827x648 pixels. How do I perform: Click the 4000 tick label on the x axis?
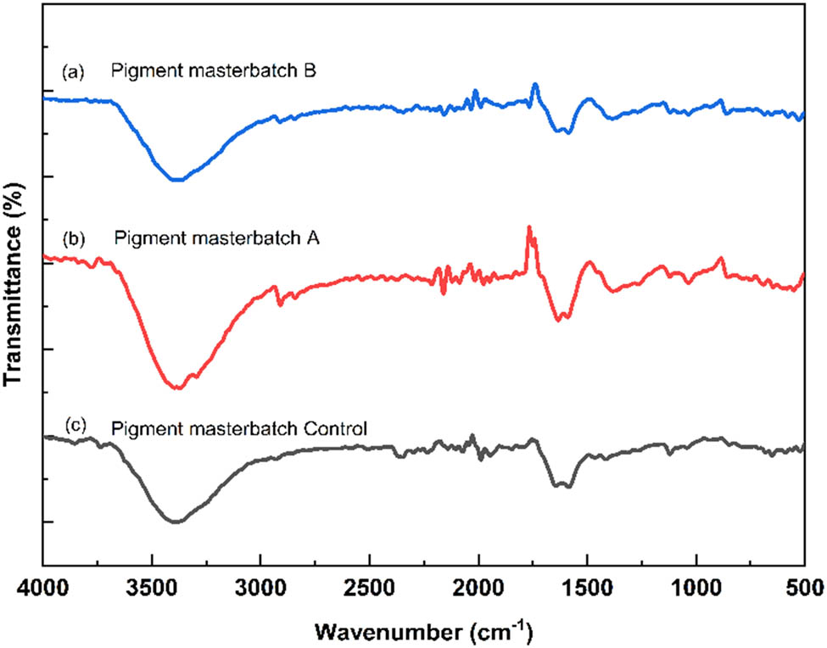coord(42,586)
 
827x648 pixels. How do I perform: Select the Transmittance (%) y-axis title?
coord(14,288)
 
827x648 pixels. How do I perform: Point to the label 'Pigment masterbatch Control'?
coord(239,429)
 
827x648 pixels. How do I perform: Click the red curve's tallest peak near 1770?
coord(529,227)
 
